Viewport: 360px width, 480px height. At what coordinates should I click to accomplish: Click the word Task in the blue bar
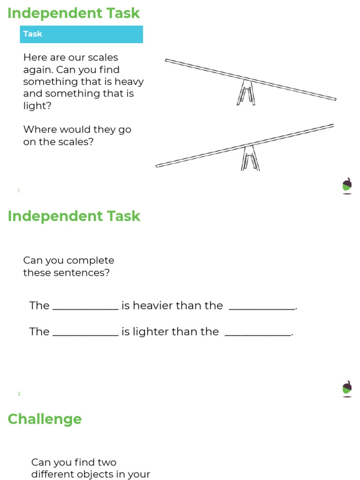point(33,34)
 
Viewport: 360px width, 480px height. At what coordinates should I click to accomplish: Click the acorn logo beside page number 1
point(347,185)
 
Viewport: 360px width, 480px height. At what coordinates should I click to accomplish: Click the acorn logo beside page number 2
point(347,388)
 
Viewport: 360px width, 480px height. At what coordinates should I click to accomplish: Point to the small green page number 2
point(19,394)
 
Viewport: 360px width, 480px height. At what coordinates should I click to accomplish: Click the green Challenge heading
point(45,419)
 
